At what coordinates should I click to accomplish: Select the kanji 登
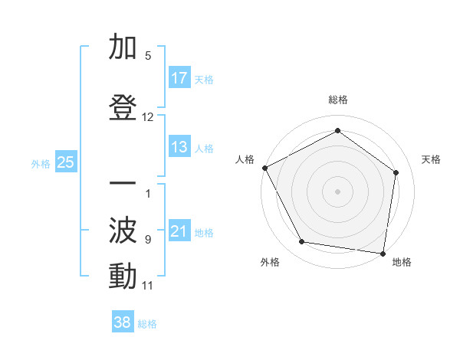pyautogui.click(x=123, y=110)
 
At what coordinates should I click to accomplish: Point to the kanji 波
pyautogui.click(x=123, y=230)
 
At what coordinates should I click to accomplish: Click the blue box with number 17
pyautogui.click(x=179, y=78)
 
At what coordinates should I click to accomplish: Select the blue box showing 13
pyautogui.click(x=179, y=147)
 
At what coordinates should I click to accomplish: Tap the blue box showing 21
pyautogui.click(x=179, y=231)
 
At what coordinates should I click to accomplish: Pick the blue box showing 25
pyautogui.click(x=65, y=162)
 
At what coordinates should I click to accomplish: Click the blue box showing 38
pyautogui.click(x=123, y=322)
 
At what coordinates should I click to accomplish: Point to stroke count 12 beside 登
pyautogui.click(x=148, y=117)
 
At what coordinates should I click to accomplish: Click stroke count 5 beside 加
pyautogui.click(x=148, y=56)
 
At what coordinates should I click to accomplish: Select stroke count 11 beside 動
pyautogui.click(x=148, y=286)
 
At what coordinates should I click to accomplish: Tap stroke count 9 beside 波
pyautogui.click(x=148, y=239)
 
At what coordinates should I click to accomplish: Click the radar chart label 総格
pyautogui.click(x=337, y=100)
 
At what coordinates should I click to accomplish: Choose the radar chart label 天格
pyautogui.click(x=431, y=159)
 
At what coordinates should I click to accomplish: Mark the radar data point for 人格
pyautogui.click(x=264, y=168)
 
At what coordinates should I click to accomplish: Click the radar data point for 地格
pyautogui.click(x=383, y=253)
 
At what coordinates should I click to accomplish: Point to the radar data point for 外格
pyautogui.click(x=301, y=242)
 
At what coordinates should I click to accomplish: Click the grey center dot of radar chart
pyautogui.click(x=337, y=191)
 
